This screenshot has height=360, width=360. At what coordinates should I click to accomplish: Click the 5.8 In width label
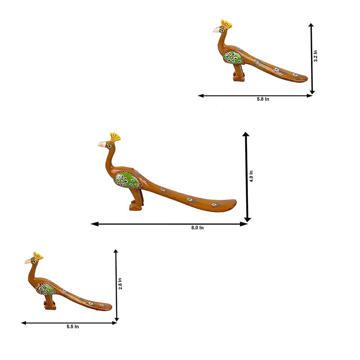(x=263, y=99)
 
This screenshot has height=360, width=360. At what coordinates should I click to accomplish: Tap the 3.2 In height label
(x=316, y=56)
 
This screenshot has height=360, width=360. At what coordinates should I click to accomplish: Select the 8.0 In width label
(x=198, y=228)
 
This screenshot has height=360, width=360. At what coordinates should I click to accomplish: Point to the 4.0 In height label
(x=251, y=176)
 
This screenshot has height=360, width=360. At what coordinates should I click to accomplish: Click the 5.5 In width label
(x=72, y=327)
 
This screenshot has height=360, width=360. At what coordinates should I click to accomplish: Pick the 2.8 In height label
(x=120, y=283)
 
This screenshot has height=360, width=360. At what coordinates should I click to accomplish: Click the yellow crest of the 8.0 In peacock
(x=115, y=137)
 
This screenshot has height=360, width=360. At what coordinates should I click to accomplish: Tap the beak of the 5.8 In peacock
(x=216, y=30)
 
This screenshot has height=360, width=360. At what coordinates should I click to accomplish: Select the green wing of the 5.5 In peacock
(x=46, y=289)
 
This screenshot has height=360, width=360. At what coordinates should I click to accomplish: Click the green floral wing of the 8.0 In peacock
(x=127, y=180)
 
